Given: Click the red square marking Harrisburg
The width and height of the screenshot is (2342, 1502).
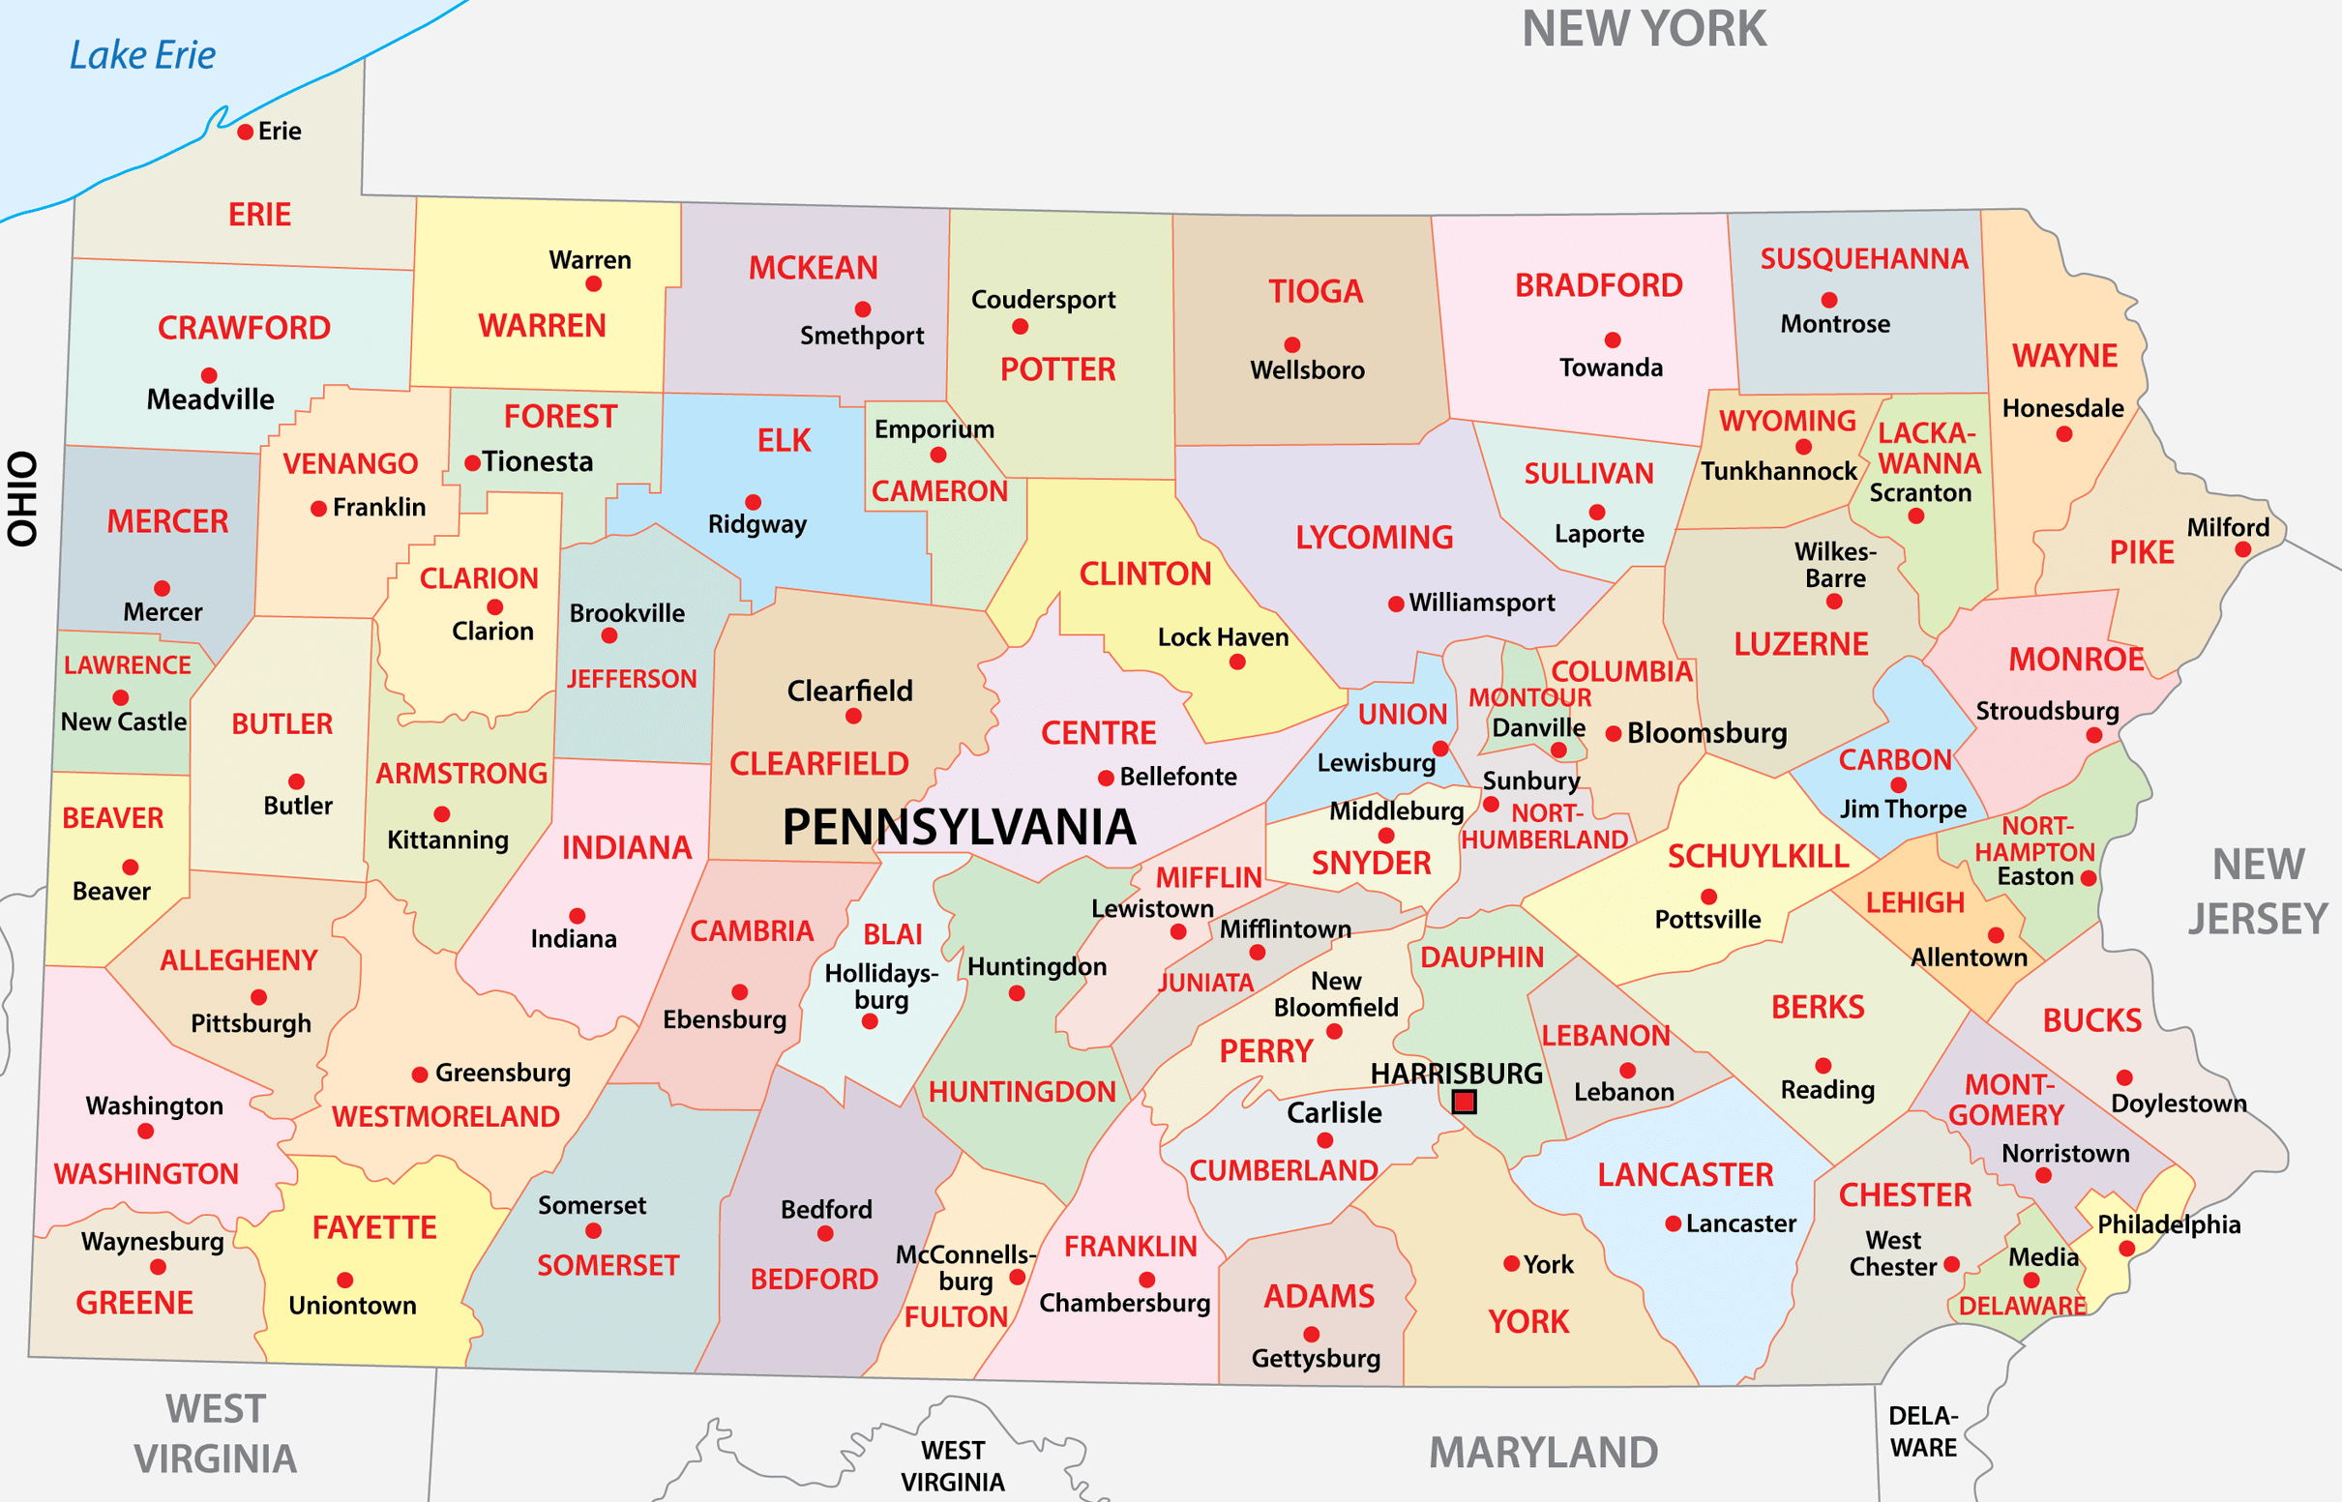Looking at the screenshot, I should (x=1463, y=1103).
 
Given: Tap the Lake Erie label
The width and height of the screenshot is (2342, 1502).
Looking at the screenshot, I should (x=142, y=55).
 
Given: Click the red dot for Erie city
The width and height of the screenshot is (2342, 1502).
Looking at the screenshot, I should (x=246, y=132).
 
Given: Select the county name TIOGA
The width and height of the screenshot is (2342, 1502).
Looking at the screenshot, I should (x=1315, y=291).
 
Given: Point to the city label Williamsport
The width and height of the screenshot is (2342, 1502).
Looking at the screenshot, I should (x=1481, y=603).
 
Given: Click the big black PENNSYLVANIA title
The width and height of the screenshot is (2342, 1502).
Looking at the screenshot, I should (x=959, y=827).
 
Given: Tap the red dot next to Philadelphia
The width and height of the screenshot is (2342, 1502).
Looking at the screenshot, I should (x=2126, y=1249).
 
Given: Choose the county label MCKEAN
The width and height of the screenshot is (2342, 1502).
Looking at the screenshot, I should (x=813, y=268).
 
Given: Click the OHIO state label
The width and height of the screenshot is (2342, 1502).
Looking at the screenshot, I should (x=22, y=497).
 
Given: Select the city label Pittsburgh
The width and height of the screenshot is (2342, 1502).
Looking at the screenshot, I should (x=251, y=1023).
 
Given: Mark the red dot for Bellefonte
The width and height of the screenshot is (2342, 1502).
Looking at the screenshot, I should (x=1106, y=779).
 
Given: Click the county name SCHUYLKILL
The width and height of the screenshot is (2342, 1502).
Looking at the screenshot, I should (x=1758, y=856).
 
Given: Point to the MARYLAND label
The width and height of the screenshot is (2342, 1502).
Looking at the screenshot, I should (x=1543, y=1453).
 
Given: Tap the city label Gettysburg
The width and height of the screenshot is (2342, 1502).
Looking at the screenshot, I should (x=1316, y=1358).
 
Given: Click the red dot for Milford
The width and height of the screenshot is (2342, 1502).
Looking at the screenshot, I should (x=2242, y=550).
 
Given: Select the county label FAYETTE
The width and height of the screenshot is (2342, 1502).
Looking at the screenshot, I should (x=374, y=1227).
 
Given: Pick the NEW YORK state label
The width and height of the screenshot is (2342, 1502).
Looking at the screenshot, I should (x=1644, y=29).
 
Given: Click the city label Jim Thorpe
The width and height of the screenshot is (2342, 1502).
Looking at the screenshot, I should (x=1902, y=810).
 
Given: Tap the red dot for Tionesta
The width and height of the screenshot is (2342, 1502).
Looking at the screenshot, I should (x=472, y=463).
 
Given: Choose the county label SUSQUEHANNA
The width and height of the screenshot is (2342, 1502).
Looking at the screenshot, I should (x=1864, y=258).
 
